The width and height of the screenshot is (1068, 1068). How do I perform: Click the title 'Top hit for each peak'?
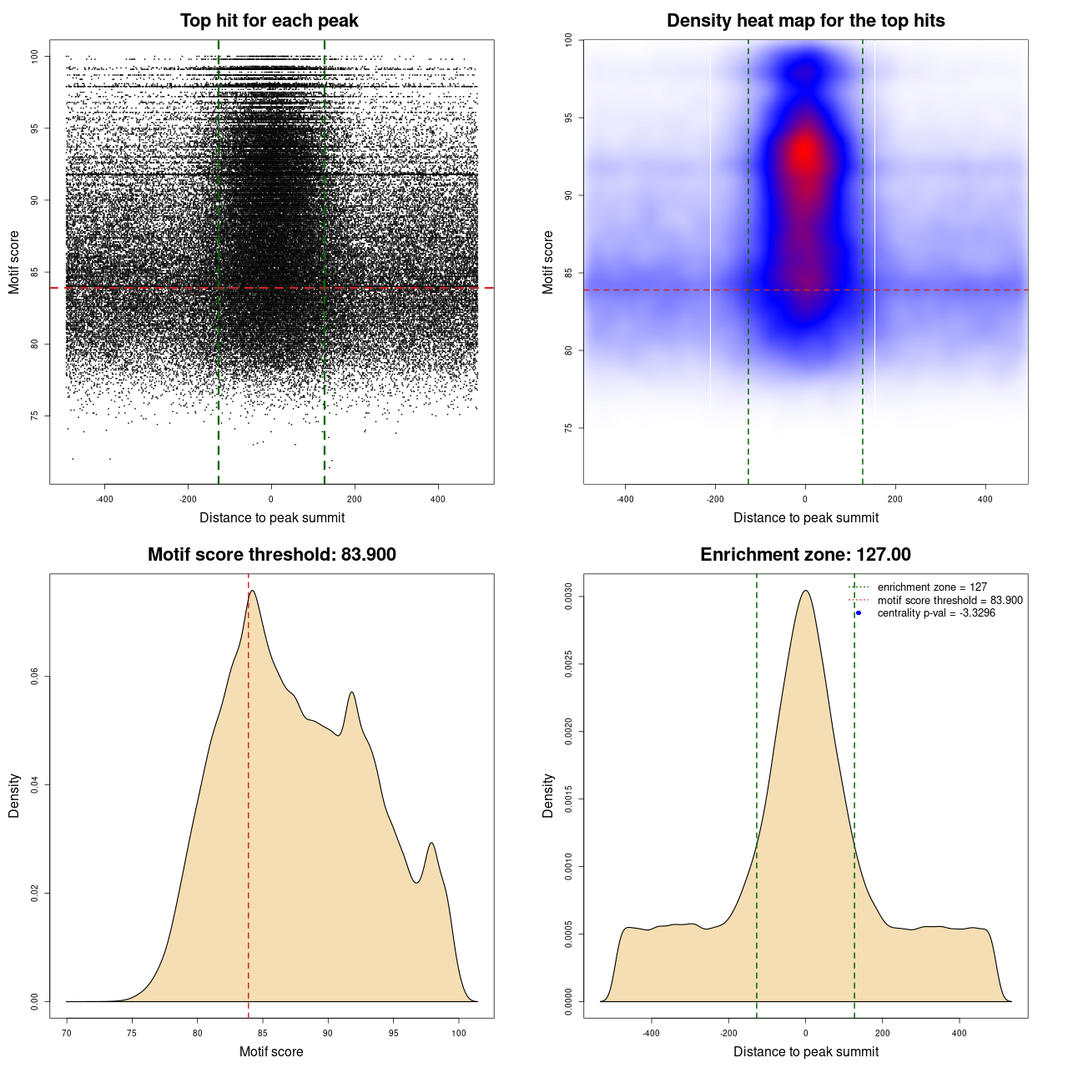point(269,21)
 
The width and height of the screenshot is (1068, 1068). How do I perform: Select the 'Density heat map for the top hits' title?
point(805,21)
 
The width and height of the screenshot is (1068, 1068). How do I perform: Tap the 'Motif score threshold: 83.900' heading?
point(271,555)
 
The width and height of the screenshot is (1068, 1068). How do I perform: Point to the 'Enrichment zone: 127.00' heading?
point(805,555)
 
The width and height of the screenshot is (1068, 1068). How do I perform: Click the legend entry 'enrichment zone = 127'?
point(932,587)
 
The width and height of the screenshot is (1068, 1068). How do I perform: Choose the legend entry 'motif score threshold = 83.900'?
point(950,600)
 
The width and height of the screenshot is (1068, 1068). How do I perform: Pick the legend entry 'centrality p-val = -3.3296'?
point(936,613)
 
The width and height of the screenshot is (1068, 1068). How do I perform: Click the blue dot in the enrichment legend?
point(859,613)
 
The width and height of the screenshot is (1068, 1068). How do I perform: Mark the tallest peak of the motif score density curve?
point(252,591)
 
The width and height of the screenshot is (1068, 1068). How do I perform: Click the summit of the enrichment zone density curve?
point(805,591)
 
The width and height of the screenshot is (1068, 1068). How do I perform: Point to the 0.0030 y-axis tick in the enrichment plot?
point(568,597)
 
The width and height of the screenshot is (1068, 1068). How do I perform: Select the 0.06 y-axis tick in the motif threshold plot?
point(35,677)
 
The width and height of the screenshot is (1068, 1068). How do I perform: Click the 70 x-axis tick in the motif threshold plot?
point(67,1033)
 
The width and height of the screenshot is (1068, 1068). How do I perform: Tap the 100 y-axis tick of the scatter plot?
point(35,56)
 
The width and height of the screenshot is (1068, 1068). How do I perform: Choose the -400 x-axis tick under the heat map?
point(625,499)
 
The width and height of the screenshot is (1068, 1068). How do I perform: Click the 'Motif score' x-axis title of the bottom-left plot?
point(271,1051)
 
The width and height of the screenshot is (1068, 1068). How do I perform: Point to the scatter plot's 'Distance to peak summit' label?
point(272,517)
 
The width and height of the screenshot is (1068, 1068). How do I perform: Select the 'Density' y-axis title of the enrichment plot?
point(548,795)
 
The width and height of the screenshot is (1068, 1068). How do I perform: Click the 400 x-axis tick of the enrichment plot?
point(960,1033)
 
